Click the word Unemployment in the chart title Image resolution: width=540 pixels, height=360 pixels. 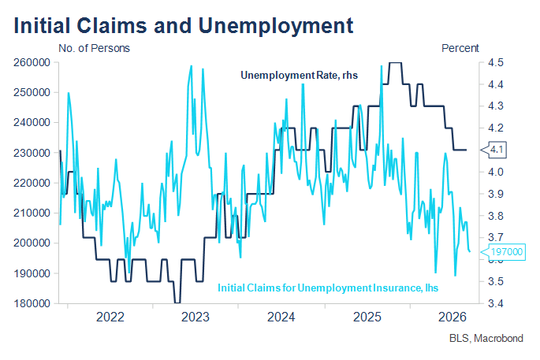click(275, 26)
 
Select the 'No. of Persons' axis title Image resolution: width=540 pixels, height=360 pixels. click(94, 48)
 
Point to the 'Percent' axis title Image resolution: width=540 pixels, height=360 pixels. click(460, 48)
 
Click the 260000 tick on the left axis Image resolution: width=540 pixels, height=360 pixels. click(32, 63)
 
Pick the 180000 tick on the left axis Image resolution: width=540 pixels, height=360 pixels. click(32, 303)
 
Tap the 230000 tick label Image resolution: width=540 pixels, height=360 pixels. click(32, 153)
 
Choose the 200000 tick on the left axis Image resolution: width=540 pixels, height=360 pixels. click(32, 243)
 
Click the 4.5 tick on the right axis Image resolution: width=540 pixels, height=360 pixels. click(496, 63)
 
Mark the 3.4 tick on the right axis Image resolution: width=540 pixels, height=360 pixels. click(496, 303)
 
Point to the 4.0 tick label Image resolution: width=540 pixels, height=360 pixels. click(496, 172)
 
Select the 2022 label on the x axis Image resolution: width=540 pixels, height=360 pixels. click(110, 317)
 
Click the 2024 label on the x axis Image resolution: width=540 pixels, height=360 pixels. click(281, 317)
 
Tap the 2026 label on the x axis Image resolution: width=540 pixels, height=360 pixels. click(452, 317)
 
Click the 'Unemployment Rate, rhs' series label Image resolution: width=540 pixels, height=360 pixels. click(299, 76)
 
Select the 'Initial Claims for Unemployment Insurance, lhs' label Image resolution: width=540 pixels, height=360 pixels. click(328, 288)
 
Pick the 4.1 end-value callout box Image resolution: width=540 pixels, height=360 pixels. click(493, 150)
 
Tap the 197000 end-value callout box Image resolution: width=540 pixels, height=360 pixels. click(503, 252)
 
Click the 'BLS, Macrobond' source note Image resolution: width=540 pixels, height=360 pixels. click(486, 338)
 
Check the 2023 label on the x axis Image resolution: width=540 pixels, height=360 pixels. click(196, 317)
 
